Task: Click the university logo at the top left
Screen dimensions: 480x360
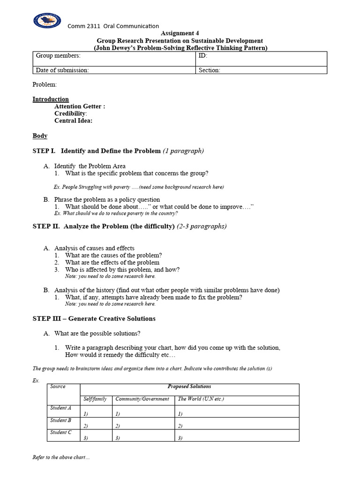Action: [47, 20]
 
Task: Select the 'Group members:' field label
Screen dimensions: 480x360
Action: [58, 56]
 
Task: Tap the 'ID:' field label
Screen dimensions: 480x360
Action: [203, 56]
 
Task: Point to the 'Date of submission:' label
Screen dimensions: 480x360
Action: [62, 70]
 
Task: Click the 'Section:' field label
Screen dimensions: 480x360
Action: [210, 70]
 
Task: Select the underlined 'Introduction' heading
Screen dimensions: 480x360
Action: [51, 99]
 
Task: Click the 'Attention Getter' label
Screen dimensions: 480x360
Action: [79, 106]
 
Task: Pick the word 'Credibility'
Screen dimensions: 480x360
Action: [70, 113]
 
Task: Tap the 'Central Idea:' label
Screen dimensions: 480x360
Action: [73, 120]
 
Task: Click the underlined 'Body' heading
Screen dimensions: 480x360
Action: [40, 136]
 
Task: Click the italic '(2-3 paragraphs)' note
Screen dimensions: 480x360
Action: [202, 226]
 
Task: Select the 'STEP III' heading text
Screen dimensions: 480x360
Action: [47, 319]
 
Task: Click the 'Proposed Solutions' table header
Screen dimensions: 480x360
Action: [189, 387]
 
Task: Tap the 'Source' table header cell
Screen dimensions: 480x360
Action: [58, 387]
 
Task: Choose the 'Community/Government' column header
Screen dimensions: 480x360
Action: [142, 399]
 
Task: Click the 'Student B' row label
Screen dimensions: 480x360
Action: [61, 420]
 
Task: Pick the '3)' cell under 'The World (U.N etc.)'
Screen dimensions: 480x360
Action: [180, 438]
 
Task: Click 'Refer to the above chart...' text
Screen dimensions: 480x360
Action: [61, 457]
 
